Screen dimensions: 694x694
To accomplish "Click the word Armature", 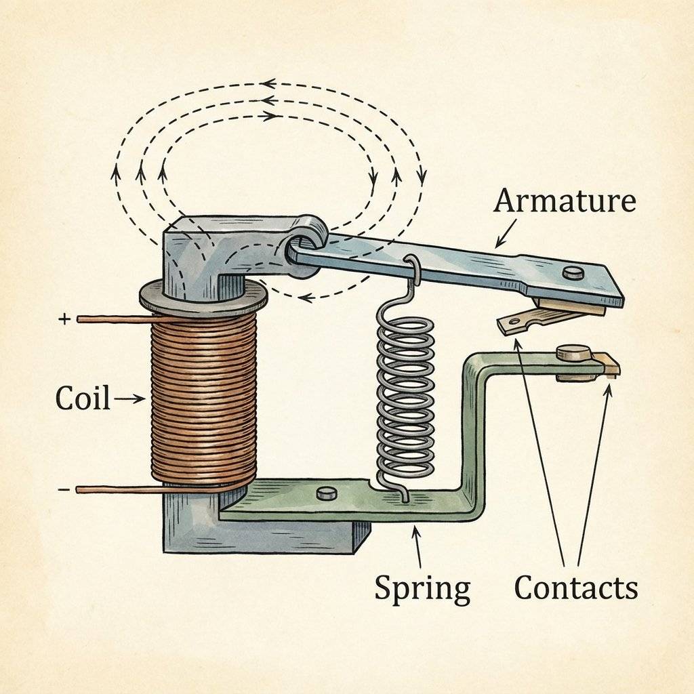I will click(565, 201).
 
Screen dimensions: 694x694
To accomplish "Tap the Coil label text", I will click(83, 399).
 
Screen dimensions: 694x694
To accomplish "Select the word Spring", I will click(422, 588).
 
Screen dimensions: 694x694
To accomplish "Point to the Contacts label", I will click(575, 588).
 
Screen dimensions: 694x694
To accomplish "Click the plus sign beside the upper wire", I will click(64, 319).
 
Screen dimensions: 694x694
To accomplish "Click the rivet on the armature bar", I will click(573, 272).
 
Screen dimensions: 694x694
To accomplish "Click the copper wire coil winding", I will click(203, 400).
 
